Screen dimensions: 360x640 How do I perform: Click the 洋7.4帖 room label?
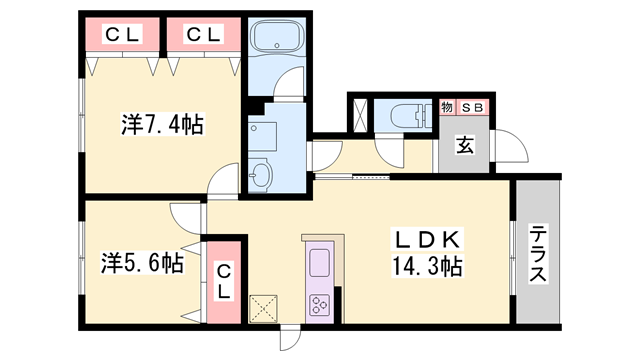(163, 125)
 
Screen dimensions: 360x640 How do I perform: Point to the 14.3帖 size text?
(427, 267)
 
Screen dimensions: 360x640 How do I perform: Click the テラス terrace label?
(537, 254)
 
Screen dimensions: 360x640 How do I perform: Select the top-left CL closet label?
(123, 35)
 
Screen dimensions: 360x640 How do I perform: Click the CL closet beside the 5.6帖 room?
(225, 279)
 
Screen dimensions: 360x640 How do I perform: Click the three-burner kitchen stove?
(322, 305)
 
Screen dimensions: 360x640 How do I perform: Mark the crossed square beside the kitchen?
(264, 308)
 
